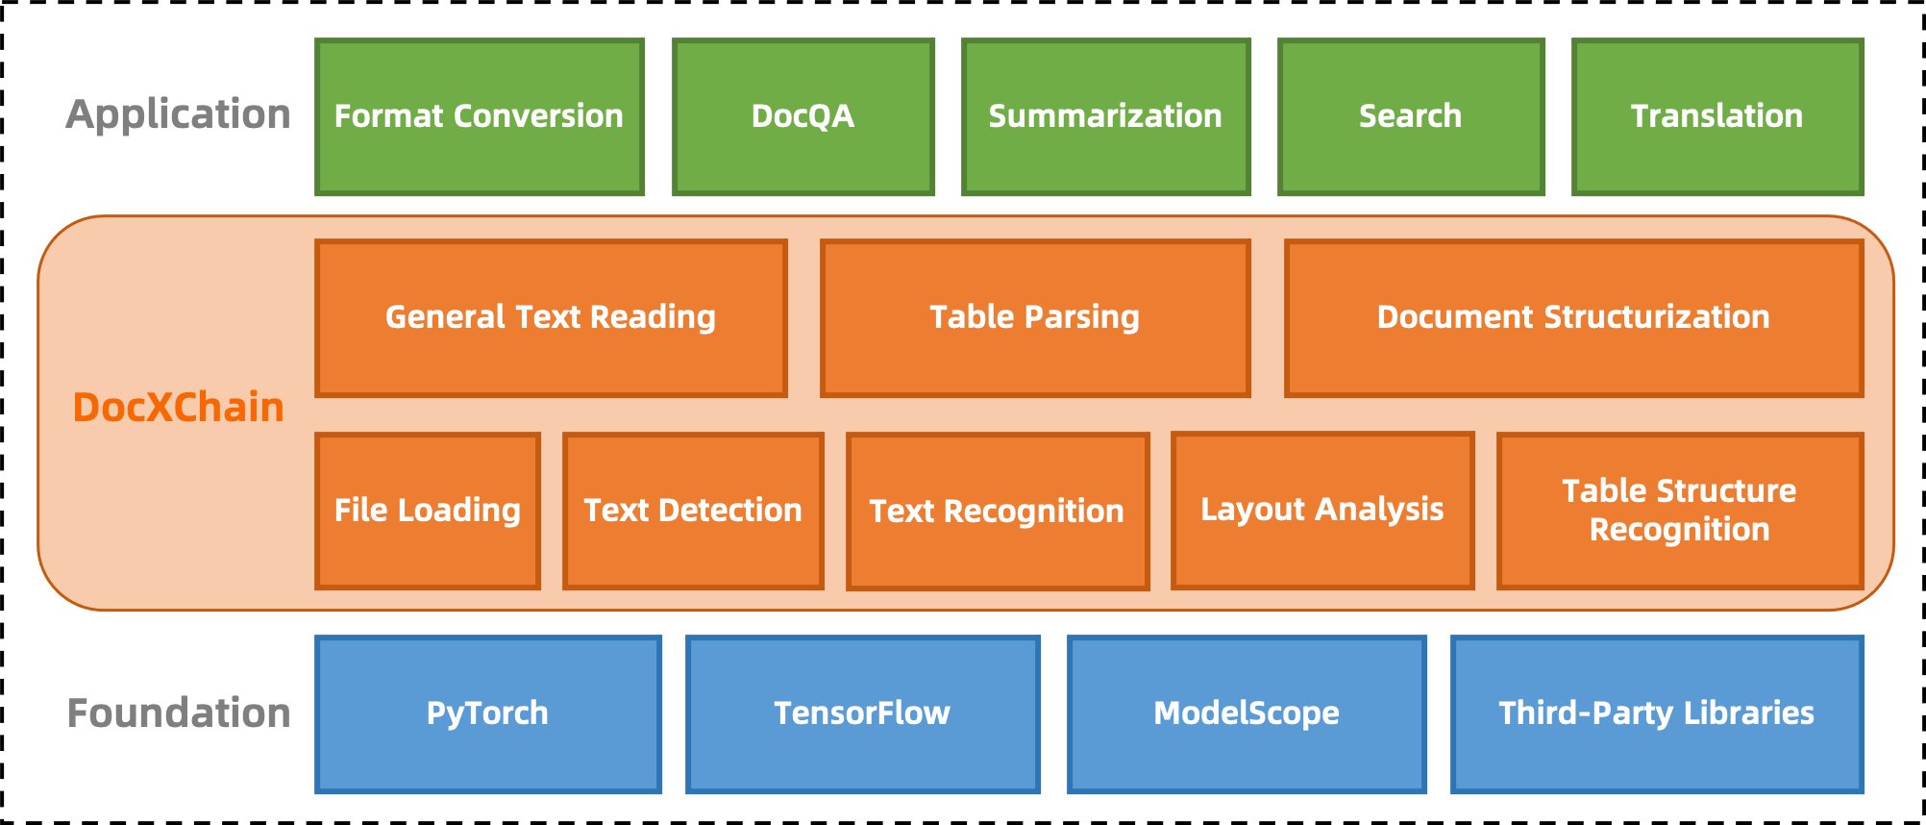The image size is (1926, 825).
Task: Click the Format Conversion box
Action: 479,116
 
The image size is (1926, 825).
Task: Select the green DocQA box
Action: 802,116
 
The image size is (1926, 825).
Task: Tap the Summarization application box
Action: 1105,116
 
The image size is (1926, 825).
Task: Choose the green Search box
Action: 1410,116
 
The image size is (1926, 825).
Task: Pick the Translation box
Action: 1716,116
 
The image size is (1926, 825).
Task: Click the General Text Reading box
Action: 550,317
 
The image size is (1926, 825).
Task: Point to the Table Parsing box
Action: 1034,317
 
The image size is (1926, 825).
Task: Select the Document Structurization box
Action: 1572,317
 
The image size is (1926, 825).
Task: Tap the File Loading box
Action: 427,511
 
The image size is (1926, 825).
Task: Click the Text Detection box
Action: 692,511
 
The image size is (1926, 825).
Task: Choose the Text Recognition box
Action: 997,511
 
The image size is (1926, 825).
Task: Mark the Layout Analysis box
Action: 1321,510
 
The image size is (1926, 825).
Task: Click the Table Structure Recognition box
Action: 1678,511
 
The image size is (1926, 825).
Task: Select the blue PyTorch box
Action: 487,713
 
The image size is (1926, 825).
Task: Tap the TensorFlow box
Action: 862,713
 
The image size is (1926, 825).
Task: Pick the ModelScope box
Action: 1246,713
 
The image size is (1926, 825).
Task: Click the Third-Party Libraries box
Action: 1656,713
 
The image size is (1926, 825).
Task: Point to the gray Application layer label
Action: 178,114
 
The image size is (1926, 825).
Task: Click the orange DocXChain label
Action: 178,408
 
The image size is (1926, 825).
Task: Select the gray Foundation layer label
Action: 179,713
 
